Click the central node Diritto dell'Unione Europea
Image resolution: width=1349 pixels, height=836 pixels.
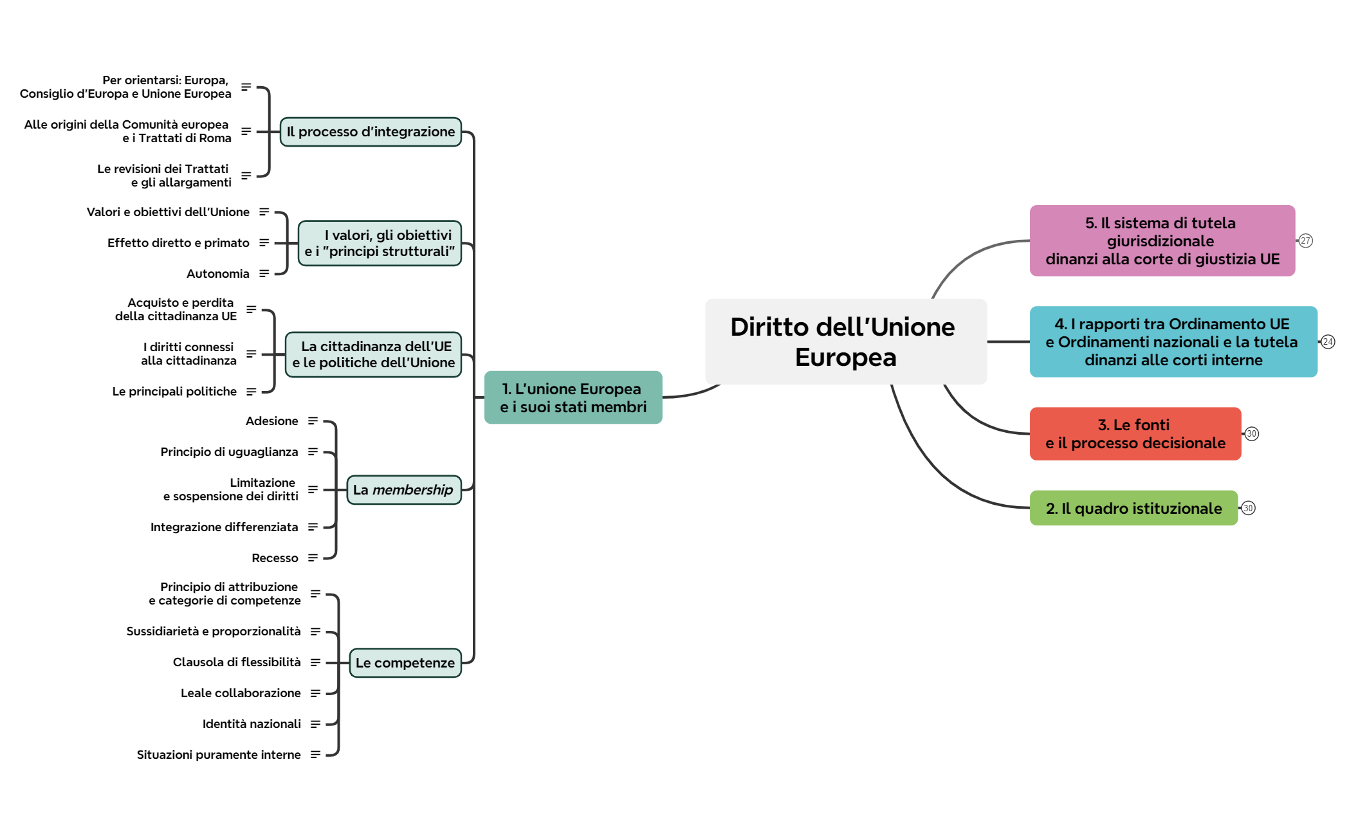tap(845, 341)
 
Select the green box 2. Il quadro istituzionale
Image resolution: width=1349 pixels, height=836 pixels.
tap(1133, 508)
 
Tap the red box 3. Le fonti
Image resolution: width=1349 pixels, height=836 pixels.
tap(1135, 433)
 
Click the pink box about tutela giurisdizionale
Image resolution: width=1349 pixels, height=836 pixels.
tap(1162, 241)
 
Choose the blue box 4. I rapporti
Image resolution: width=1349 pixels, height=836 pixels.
tap(1173, 341)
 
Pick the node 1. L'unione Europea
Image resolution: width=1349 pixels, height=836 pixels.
tap(573, 397)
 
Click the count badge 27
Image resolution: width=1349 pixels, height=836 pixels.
tap(1305, 241)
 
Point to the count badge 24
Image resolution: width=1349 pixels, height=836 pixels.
tap(1328, 341)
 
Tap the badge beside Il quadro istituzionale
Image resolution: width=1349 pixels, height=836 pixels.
tap(1248, 508)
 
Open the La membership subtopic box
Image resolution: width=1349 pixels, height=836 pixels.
tap(403, 490)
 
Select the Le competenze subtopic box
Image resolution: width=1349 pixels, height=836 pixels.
tap(405, 663)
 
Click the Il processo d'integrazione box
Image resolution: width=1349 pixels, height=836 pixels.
tap(371, 132)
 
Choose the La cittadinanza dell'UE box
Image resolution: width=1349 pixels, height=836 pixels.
tap(373, 354)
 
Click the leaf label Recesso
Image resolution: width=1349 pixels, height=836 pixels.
tap(275, 558)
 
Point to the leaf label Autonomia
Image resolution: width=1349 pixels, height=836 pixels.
tap(217, 274)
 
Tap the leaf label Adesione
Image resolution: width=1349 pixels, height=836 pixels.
tap(271, 421)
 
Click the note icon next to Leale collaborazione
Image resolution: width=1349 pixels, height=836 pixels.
tap(315, 693)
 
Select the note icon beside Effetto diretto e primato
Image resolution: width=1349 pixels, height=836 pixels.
tap(264, 243)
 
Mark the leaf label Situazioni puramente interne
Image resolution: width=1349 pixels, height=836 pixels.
tap(218, 755)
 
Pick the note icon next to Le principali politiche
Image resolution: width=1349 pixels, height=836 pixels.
tap(251, 392)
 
